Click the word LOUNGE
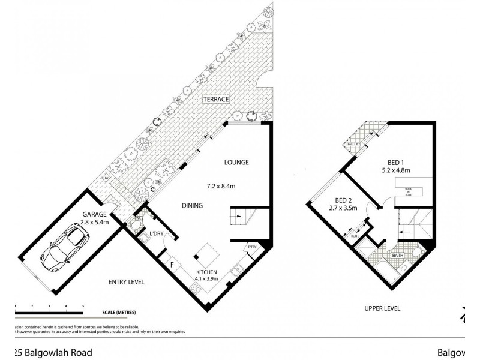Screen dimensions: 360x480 pos(236,162)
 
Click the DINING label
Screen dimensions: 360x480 pos(192,206)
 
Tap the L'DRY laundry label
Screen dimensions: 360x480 pos(158,233)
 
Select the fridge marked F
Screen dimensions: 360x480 pos(172,263)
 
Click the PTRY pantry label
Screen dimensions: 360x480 pos(251,247)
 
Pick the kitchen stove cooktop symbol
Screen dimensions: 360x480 pos(197,289)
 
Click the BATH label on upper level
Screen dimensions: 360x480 pos(398,255)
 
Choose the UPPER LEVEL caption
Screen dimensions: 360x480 pos(382,308)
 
